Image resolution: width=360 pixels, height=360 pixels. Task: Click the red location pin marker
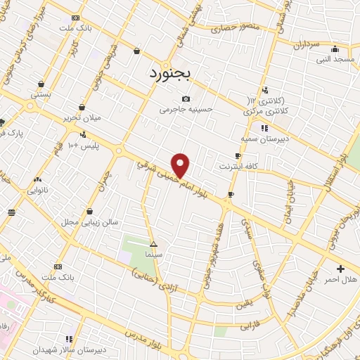(x=181, y=165)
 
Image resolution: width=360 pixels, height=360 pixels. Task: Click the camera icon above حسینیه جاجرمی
(x=186, y=99)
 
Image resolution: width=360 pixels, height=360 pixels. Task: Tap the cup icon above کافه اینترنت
(x=238, y=156)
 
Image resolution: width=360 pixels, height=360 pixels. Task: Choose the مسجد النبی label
(x=335, y=60)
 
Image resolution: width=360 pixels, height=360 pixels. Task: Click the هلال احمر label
(x=340, y=279)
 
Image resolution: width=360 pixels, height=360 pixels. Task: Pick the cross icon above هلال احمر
(x=341, y=268)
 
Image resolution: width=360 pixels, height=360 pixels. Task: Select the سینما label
(x=153, y=254)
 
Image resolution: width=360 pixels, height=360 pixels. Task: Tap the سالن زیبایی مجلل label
(x=89, y=221)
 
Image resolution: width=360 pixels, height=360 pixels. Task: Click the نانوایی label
(x=38, y=190)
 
